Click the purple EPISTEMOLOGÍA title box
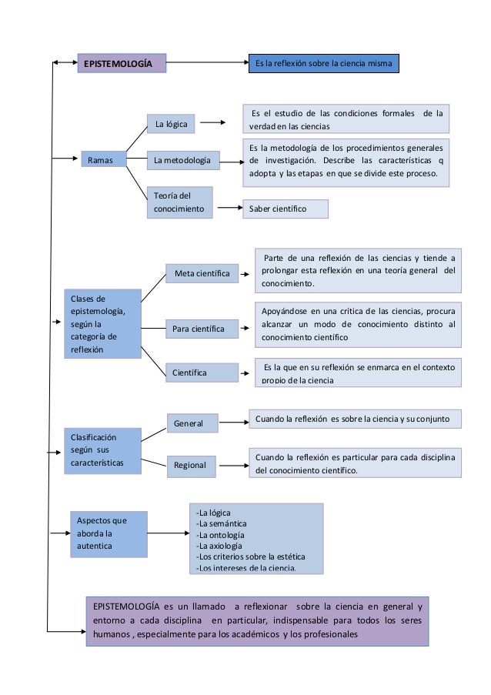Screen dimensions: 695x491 pyautogui.click(x=121, y=63)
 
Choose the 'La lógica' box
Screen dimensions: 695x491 pyautogui.click(x=171, y=122)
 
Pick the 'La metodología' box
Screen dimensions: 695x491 pyautogui.click(x=182, y=160)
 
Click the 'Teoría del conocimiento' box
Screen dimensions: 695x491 pyautogui.click(x=179, y=202)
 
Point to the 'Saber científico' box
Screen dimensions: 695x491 pyautogui.click(x=284, y=209)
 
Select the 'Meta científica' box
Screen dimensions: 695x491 pyautogui.click(x=202, y=273)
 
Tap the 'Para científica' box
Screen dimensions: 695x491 pyautogui.click(x=202, y=329)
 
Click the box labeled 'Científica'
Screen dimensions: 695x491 pyautogui.click(x=202, y=373)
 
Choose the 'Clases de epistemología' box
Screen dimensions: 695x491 pyautogui.click(x=103, y=323)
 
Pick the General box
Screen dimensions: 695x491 pyautogui.click(x=192, y=423)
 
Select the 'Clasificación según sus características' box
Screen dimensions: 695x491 pyautogui.click(x=103, y=449)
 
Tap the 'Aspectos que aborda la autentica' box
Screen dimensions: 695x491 pyautogui.click(x=107, y=533)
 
